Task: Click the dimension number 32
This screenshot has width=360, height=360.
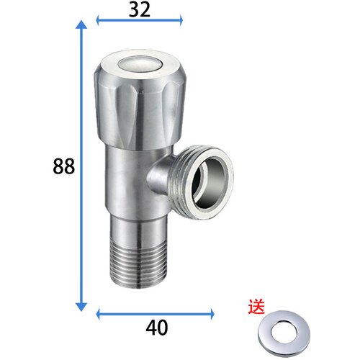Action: coord(140,9)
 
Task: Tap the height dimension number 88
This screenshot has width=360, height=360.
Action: coord(63,166)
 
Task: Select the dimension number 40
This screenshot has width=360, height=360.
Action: coord(157,328)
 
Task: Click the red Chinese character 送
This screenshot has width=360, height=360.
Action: coord(256,306)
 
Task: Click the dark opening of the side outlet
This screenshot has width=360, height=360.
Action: coord(209,181)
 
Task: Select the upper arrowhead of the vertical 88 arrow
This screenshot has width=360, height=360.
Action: coord(81,24)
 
